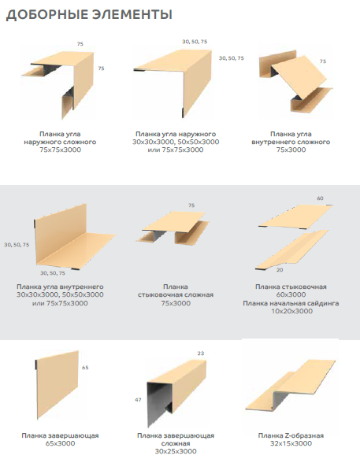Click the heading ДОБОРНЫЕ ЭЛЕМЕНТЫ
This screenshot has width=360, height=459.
coord(89,14)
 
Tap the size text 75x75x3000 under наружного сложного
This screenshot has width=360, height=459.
coord(61,150)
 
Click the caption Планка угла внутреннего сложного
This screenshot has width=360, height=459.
coord(291,138)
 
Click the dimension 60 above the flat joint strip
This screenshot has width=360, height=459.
coord(320,198)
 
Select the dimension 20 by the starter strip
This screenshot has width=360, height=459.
coord(280,270)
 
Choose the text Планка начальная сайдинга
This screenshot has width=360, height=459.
coord(291,303)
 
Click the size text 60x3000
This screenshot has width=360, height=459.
coord(291,294)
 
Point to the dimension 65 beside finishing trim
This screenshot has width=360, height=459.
coord(85,368)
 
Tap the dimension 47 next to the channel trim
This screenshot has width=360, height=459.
coord(138,400)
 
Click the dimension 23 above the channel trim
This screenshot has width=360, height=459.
coord(201,354)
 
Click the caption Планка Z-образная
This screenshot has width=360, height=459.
coord(291,435)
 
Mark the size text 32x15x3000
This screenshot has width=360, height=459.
coord(291,443)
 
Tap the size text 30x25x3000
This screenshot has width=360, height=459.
coord(176,451)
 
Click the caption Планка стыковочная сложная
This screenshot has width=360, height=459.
coord(176,291)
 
